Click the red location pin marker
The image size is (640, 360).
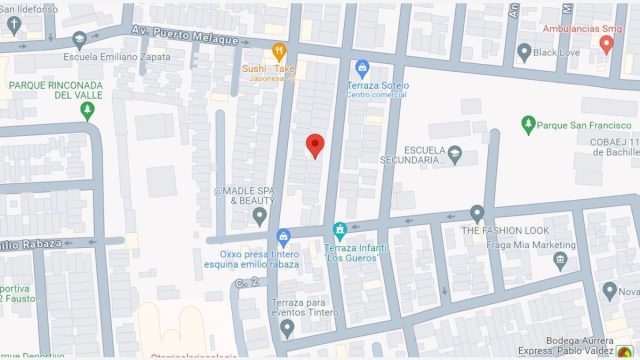(315, 145)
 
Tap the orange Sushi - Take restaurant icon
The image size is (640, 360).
(282, 49)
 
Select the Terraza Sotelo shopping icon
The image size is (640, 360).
(362, 67)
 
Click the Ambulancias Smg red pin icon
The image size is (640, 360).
(606, 44)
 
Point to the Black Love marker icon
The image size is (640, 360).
(524, 50)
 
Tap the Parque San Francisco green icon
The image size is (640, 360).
(528, 125)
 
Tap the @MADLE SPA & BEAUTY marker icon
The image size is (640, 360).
(260, 215)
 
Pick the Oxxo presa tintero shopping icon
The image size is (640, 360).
(284, 237)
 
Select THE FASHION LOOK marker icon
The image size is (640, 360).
(477, 213)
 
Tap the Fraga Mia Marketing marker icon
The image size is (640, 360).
(560, 260)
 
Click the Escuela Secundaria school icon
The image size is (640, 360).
(455, 154)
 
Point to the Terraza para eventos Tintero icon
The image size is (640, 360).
(287, 327)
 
